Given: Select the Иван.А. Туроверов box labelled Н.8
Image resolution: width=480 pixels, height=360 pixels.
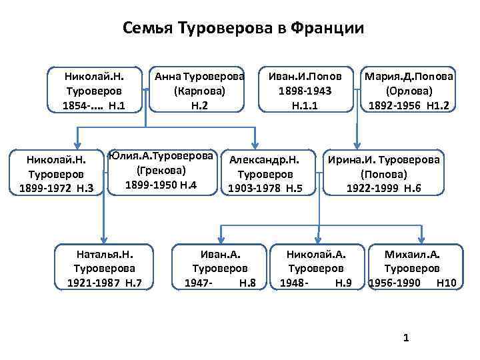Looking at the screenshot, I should [x=220, y=269].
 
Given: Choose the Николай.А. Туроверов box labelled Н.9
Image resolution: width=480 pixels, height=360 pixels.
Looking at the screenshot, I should [x=316, y=269].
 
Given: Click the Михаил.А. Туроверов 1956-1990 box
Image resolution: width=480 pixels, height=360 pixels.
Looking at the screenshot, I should [x=412, y=269].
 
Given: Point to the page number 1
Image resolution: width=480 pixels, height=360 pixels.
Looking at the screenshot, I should [x=406, y=339].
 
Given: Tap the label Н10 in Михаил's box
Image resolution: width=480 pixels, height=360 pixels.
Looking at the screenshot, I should [x=446, y=283].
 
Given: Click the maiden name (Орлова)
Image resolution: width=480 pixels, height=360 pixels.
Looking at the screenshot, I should [x=409, y=91].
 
